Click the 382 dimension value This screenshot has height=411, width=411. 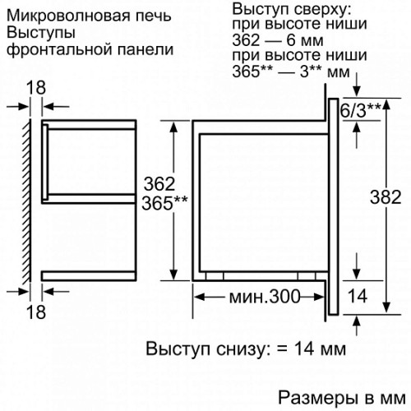point(386,197)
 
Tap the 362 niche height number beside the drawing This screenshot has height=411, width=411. point(159,184)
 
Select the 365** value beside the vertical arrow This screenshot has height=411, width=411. point(164,203)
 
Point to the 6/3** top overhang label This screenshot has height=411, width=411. point(361,110)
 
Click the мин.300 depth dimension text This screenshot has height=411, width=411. point(265,297)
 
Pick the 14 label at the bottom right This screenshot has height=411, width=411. point(358,296)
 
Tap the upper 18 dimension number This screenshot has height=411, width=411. point(36,88)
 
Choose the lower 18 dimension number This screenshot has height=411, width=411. point(36,312)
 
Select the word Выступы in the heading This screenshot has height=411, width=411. point(41,33)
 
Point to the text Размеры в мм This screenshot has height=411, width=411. point(342,398)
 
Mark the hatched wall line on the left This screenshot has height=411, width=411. point(27,201)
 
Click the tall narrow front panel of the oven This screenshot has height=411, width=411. point(334,206)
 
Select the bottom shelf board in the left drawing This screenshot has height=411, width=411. point(89,276)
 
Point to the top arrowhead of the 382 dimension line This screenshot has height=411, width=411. point(386,104)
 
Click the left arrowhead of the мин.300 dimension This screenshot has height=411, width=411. point(200,297)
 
